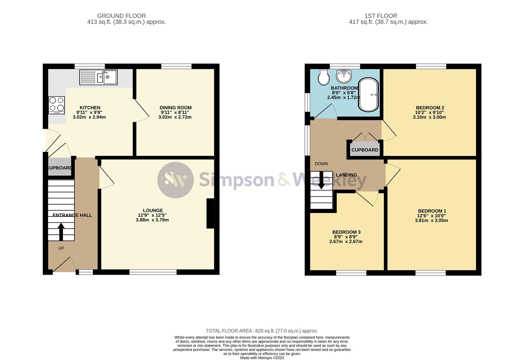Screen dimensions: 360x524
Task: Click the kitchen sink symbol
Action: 98,77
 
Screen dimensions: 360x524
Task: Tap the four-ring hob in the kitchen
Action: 56,105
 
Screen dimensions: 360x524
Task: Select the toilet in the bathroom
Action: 323,77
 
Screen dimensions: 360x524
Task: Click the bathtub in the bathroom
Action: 369,95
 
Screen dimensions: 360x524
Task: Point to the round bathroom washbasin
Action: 344,76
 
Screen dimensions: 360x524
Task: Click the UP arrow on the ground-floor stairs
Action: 61,232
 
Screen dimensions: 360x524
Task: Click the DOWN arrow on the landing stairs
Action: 321,180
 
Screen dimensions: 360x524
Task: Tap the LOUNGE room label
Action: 153,210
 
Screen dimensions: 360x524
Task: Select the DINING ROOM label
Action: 175,108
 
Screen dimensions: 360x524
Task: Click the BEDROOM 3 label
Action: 346,232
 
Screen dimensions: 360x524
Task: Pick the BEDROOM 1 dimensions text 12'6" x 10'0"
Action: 432,216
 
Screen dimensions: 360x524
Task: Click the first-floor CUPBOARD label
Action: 365,150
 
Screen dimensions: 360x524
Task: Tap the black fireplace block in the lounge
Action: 210,213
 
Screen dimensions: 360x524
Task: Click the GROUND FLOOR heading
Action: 121,16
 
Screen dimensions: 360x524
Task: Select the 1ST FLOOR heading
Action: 381,16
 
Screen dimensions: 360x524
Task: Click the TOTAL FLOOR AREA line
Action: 262,331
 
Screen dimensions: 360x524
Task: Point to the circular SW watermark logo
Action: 175,180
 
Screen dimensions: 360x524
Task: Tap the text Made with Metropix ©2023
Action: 262,358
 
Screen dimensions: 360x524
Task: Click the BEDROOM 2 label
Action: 430,108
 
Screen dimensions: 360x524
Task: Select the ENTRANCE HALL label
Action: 72,215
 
